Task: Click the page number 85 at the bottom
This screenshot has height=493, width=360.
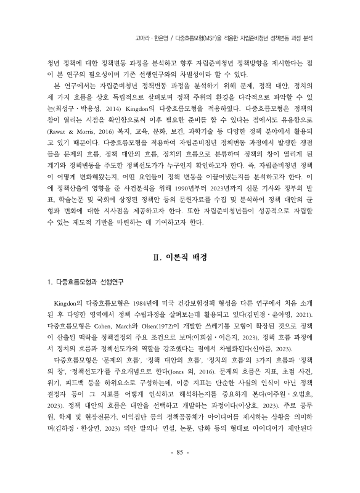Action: point(180,470)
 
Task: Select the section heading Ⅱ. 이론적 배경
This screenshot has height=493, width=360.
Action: point(179,274)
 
